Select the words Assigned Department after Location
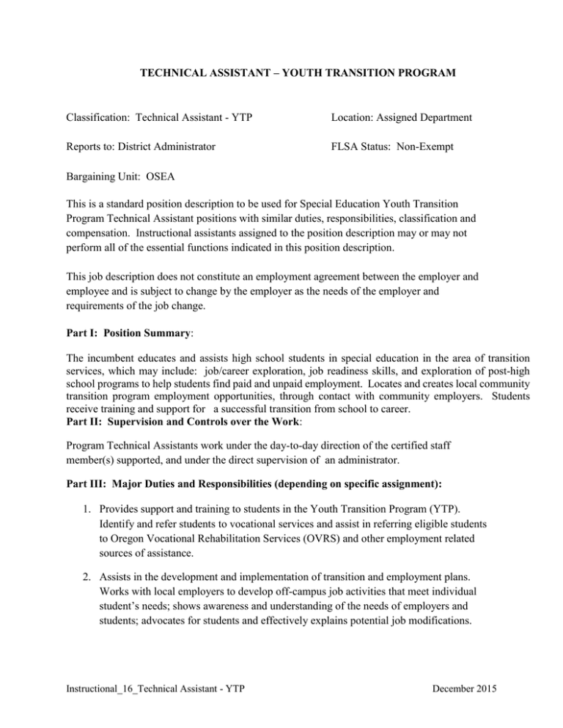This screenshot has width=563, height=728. pos(429,117)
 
